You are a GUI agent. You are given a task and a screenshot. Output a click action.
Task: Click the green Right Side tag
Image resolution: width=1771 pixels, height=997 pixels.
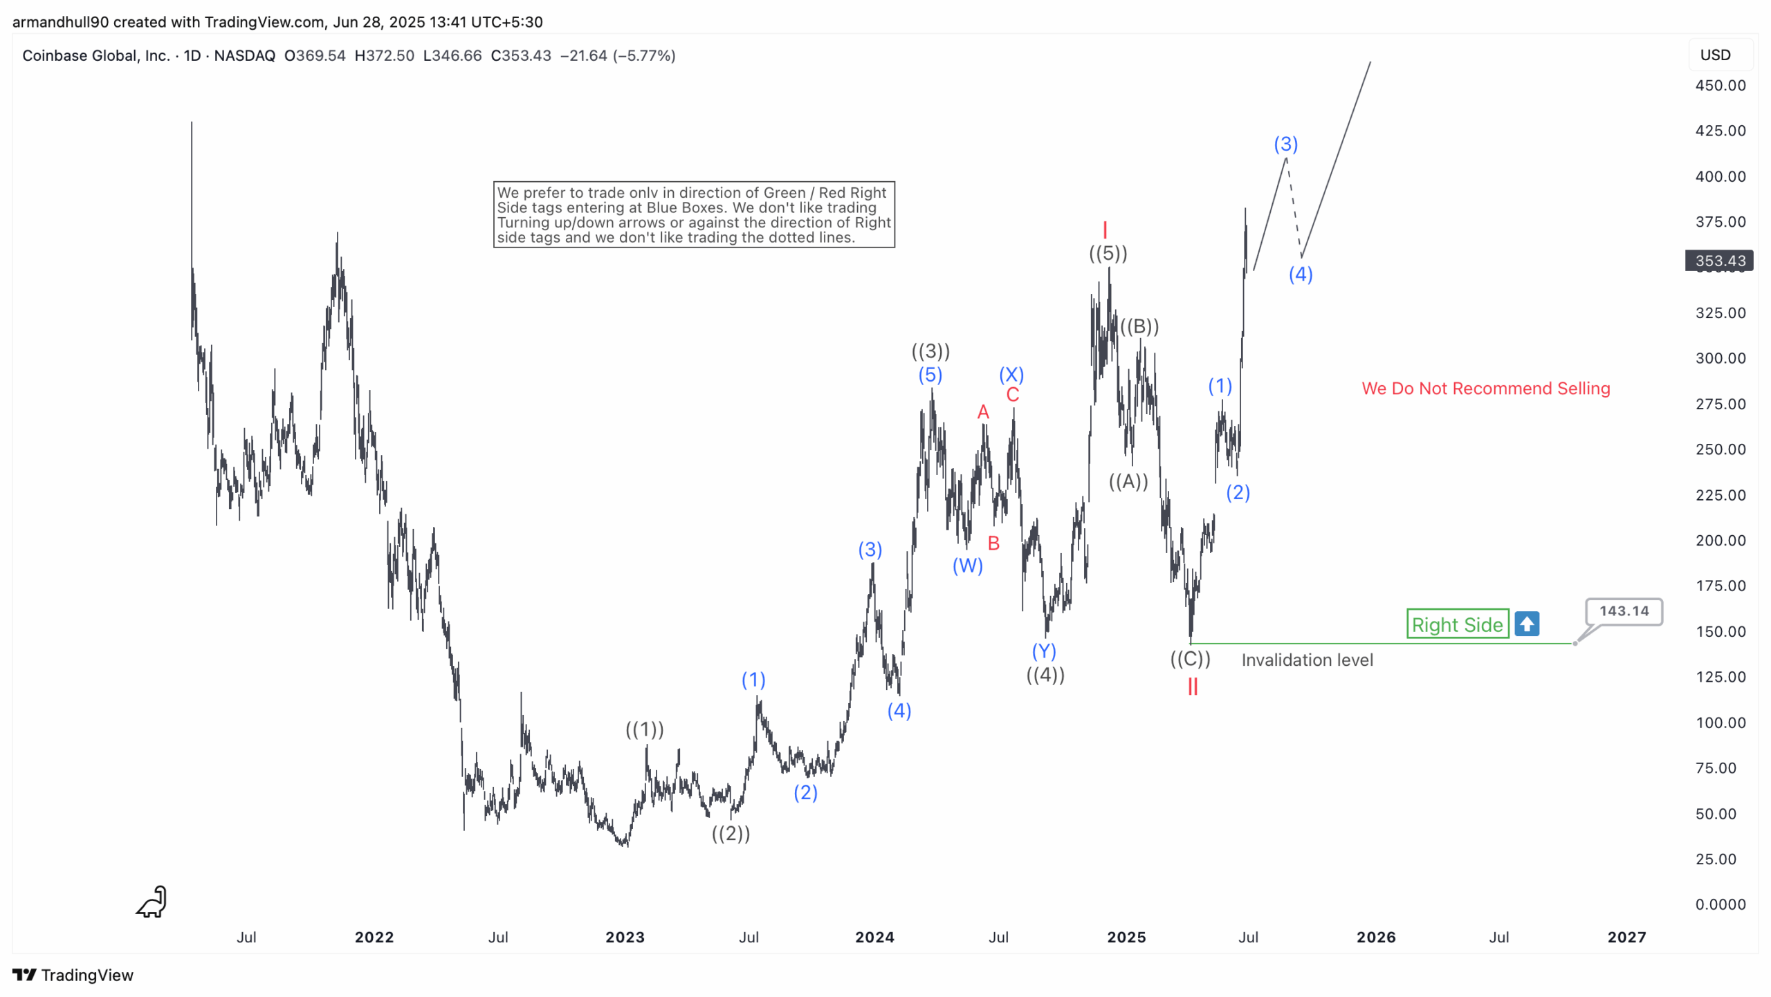tap(1456, 624)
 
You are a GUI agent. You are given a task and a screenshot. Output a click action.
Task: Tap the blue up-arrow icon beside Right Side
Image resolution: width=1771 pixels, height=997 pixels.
tap(1526, 624)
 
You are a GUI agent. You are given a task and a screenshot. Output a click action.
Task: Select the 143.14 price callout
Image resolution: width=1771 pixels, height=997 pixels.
tap(1623, 611)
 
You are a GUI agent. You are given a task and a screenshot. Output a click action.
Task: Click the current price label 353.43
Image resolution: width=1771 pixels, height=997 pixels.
tap(1719, 261)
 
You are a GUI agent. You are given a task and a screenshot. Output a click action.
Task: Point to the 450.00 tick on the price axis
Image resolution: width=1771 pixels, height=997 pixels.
tap(1719, 85)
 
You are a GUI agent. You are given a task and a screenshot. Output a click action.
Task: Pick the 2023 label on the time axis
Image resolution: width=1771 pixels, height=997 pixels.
tap(625, 937)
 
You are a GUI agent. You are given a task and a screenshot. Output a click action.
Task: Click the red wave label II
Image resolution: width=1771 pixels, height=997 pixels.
tap(1192, 687)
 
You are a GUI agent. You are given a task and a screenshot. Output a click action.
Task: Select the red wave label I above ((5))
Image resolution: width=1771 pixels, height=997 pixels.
tap(1105, 230)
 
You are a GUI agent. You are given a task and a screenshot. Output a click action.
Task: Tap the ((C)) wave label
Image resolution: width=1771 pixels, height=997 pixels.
tap(1190, 659)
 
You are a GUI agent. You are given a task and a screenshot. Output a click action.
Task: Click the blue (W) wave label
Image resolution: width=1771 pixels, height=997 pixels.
tap(967, 566)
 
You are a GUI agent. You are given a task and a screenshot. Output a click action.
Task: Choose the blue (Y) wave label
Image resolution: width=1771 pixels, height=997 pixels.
tap(1043, 651)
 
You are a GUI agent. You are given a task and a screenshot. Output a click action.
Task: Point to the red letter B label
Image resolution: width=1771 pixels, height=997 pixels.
tap(993, 543)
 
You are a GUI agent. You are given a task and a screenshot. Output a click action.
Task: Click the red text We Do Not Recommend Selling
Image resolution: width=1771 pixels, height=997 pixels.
tap(1485, 389)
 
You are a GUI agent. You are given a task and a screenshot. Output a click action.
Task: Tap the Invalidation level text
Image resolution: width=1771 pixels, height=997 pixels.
tap(1307, 660)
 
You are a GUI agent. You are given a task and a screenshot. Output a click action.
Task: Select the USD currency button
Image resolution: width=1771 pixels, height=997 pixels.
tap(1715, 55)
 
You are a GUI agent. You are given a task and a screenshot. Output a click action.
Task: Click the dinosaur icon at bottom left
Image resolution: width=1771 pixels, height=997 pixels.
tap(152, 902)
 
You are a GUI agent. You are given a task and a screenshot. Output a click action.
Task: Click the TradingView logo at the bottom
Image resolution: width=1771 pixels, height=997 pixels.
tap(73, 975)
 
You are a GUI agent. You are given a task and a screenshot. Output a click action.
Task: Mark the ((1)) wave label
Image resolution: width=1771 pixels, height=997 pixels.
tap(644, 729)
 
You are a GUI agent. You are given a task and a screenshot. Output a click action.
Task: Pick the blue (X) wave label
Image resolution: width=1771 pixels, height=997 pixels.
tap(1011, 375)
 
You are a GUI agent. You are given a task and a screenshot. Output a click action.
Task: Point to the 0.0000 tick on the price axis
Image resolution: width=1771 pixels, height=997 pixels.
tap(1719, 904)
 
